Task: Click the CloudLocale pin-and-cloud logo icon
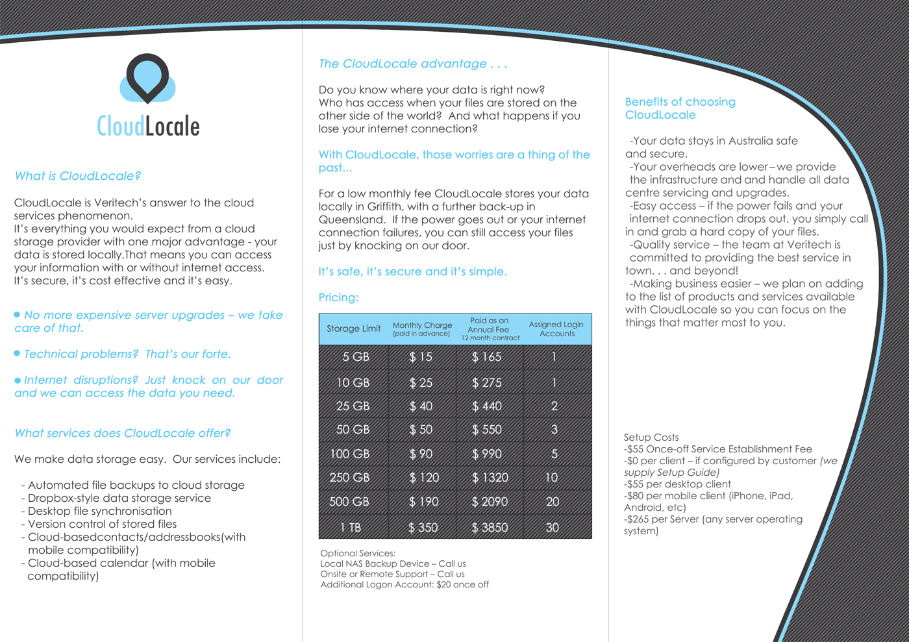click(x=147, y=79)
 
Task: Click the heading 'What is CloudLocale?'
click(x=77, y=176)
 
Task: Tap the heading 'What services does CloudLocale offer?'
click(x=122, y=433)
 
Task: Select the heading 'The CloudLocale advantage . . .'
click(x=412, y=64)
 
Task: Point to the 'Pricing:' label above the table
click(x=338, y=297)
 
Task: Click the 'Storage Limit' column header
click(x=353, y=328)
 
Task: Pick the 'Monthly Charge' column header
click(x=422, y=328)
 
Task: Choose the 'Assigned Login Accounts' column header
click(x=556, y=328)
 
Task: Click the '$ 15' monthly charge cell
click(x=421, y=357)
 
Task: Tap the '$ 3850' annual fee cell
click(x=490, y=528)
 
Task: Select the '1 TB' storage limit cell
click(x=351, y=528)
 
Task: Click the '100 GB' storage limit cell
click(x=350, y=454)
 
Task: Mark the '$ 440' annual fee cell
click(x=487, y=406)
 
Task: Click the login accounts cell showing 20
click(x=553, y=502)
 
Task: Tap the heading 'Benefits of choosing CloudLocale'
click(x=680, y=108)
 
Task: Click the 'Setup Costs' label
click(x=651, y=438)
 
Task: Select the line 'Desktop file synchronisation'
click(x=99, y=511)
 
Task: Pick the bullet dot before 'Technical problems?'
click(x=18, y=353)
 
